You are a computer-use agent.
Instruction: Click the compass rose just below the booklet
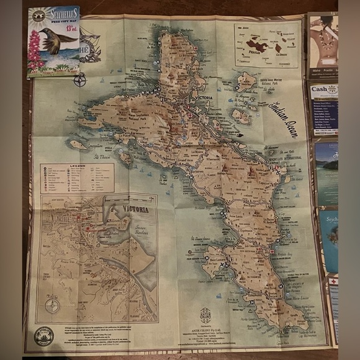tap(79, 80)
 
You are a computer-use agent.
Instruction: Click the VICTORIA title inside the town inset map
tap(136, 210)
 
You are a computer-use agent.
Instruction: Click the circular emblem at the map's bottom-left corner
tap(44, 336)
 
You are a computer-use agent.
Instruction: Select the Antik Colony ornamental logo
tap(205, 314)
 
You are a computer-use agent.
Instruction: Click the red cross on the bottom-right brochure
tap(333, 281)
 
